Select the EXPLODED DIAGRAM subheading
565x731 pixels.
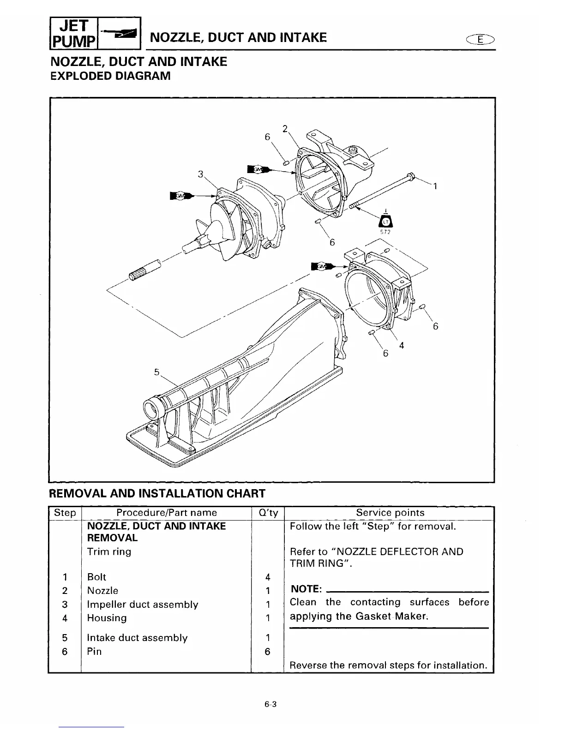point(110,76)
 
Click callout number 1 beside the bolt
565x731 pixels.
point(434,186)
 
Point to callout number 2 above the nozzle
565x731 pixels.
point(285,128)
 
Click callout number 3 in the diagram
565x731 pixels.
point(200,174)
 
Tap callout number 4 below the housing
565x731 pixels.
point(402,345)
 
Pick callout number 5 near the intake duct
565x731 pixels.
point(156,371)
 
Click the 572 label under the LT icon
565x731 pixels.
point(385,232)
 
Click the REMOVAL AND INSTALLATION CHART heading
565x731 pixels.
point(157,493)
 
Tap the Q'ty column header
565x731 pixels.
point(267,513)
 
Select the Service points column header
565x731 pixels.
point(390,513)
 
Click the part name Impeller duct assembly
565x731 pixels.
point(143,605)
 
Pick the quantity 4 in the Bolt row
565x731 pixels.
point(267,577)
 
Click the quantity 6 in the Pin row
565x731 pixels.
point(267,652)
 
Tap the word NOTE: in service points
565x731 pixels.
point(306,589)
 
